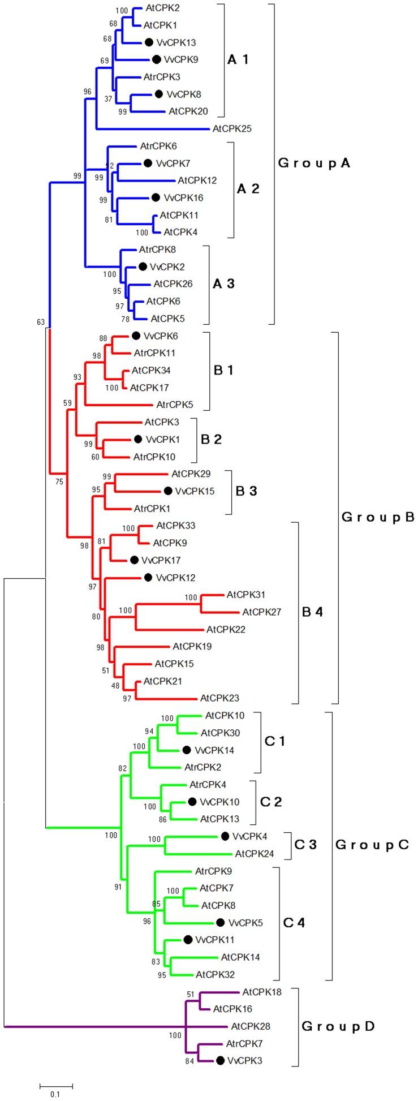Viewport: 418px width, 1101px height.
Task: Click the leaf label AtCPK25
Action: click(232, 129)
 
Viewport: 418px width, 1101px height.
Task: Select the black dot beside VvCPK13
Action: click(149, 42)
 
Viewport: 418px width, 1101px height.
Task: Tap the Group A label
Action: click(314, 164)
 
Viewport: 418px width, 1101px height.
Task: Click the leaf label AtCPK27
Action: click(262, 612)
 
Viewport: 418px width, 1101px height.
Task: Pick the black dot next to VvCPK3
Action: click(220, 1061)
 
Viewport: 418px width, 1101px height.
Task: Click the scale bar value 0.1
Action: click(55, 1094)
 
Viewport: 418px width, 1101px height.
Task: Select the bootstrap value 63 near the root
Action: click(41, 322)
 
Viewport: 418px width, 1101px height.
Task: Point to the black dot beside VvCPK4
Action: click(225, 836)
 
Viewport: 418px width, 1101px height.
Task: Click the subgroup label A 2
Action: click(248, 189)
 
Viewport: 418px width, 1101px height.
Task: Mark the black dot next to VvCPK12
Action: click(148, 578)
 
